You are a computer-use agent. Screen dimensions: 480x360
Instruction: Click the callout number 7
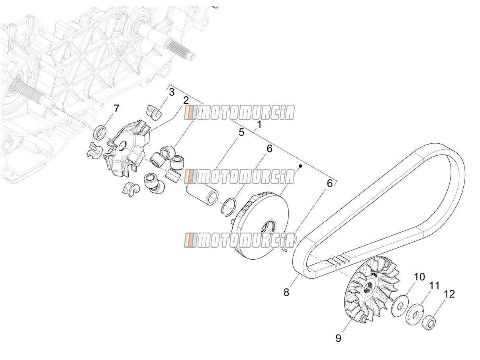117,108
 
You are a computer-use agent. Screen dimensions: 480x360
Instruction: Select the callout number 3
172,92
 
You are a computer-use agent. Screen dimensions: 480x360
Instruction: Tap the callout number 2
186,100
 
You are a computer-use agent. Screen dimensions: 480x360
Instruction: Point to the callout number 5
241,132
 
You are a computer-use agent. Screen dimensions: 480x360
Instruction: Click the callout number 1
259,125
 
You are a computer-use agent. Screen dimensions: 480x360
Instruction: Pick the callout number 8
286,292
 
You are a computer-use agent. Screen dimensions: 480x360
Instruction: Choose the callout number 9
338,338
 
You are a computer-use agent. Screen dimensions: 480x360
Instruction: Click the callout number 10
419,277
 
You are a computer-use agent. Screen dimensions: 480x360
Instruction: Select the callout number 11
434,286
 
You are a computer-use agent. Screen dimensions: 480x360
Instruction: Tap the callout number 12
449,294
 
